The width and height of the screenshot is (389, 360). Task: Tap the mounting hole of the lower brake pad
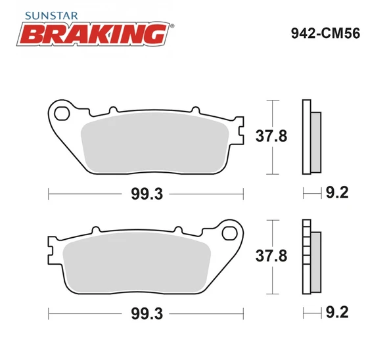click(x=231, y=233)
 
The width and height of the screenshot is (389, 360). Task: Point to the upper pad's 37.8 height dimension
click(x=270, y=137)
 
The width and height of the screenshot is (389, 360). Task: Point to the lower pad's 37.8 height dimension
click(x=270, y=257)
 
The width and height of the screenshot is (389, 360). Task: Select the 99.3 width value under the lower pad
click(x=147, y=313)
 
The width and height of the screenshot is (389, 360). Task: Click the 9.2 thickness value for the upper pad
click(x=336, y=193)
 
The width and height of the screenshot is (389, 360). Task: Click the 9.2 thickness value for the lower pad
click(x=336, y=313)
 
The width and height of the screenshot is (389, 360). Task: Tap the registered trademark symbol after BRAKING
click(x=172, y=26)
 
